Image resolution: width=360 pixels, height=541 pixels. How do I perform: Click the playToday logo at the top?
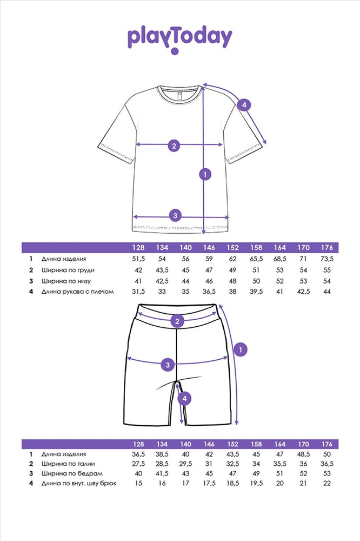[x=179, y=38]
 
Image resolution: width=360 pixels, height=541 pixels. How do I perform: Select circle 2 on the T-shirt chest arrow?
[x=174, y=145]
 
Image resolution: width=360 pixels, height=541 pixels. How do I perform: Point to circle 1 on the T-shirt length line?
[x=204, y=174]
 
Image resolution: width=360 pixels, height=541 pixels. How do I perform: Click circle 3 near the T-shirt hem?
[x=174, y=215]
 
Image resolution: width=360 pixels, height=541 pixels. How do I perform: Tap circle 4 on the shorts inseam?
[x=185, y=399]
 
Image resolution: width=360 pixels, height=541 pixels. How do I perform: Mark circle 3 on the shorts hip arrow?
[x=168, y=365]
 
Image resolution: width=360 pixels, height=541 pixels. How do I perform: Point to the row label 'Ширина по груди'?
[x=64, y=270]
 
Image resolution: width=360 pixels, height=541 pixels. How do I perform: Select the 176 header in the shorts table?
[x=328, y=444]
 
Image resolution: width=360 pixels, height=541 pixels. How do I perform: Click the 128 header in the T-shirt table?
[x=139, y=248]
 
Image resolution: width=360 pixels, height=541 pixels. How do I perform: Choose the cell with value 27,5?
[x=139, y=464]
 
